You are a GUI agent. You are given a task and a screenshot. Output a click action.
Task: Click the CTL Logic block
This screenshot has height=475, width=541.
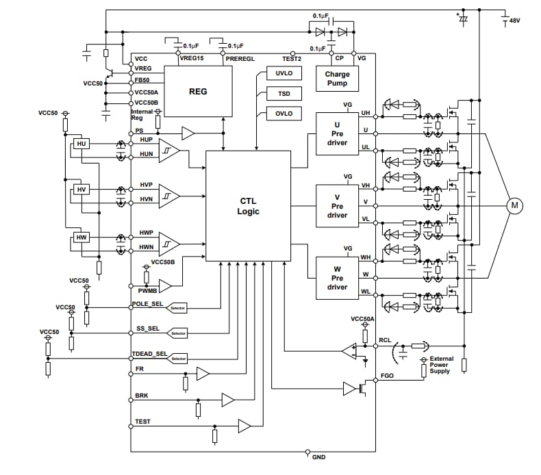tap(249, 206)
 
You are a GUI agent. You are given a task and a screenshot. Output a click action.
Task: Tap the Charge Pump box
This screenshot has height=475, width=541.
tap(337, 79)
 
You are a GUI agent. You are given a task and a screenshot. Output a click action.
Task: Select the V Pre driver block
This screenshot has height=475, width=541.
tap(337, 205)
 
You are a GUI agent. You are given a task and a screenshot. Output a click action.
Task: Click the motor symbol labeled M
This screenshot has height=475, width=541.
tap(513, 205)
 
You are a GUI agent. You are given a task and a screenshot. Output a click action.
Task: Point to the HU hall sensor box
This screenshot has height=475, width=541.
tap(81, 144)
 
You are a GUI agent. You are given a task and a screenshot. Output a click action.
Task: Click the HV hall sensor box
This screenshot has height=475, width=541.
tap(81, 190)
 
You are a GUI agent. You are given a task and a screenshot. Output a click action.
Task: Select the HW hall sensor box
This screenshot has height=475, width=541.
tap(81, 237)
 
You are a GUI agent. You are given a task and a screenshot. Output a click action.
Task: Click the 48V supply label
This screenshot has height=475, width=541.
tap(514, 21)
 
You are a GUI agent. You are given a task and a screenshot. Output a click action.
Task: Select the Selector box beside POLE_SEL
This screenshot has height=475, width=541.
tap(178, 308)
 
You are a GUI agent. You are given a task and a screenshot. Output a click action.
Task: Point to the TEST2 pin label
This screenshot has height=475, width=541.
tap(292, 59)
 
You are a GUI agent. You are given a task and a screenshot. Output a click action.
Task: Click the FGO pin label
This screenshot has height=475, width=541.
tap(386, 377)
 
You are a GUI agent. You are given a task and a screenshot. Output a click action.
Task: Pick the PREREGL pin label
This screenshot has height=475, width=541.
tap(240, 59)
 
